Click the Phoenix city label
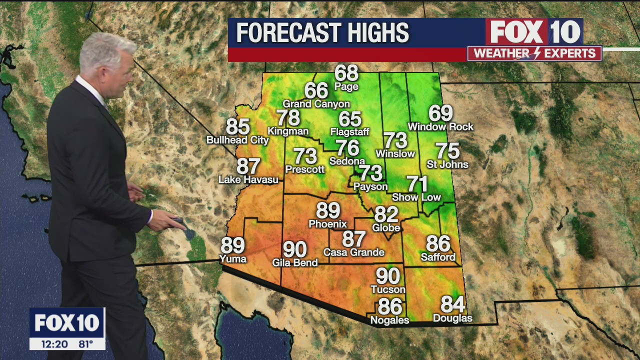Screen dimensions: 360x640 pos(327,224)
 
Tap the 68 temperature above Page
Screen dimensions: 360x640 pos(346,73)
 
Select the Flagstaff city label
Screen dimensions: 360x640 pos(349,132)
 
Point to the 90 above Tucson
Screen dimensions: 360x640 pos(388,276)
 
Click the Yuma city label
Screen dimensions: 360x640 pos(233,258)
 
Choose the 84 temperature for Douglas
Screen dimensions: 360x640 pos(452,304)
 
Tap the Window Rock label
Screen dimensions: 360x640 pos(440,127)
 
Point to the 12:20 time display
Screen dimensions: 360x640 pos(50,344)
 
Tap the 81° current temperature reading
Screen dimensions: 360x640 pos(85,344)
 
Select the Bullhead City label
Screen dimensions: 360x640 pos(237,140)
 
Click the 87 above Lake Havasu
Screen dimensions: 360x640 pos(248,166)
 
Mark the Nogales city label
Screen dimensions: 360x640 pos(389,320)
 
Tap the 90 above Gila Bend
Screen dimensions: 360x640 pos(295,249)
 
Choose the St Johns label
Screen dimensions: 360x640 pos(447,164)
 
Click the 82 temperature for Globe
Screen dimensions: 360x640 pos(386,214)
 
